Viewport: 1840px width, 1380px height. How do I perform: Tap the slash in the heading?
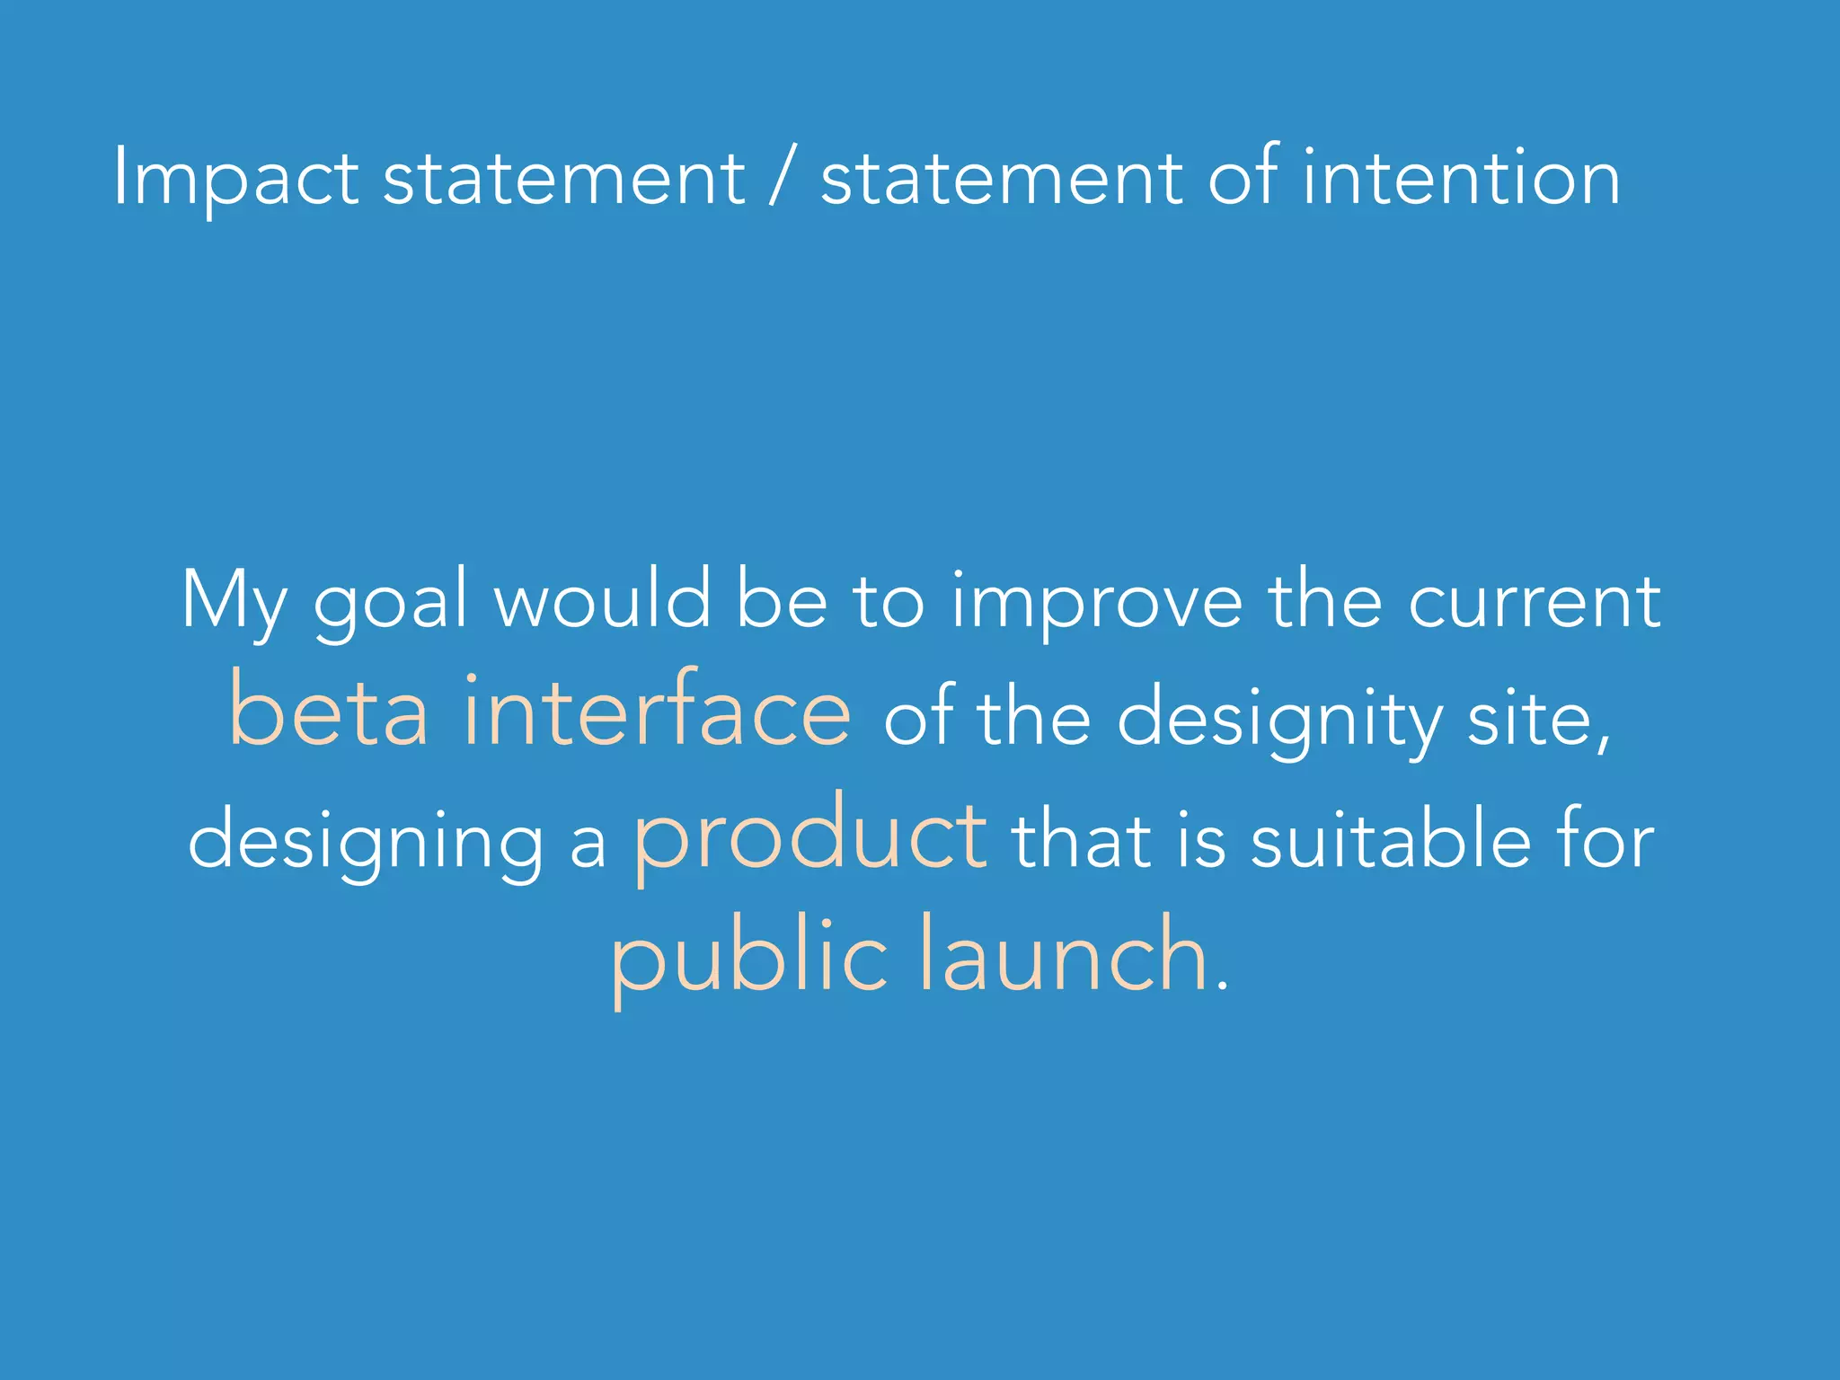point(783,177)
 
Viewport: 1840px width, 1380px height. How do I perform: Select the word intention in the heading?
point(1462,177)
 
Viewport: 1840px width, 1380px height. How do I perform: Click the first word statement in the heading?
point(563,178)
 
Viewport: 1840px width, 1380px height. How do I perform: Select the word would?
point(603,600)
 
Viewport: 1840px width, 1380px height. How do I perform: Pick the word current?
point(1535,600)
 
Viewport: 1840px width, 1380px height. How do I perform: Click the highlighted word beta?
point(329,710)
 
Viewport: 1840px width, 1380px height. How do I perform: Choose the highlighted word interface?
point(657,710)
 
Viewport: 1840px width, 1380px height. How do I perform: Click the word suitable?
point(1391,840)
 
